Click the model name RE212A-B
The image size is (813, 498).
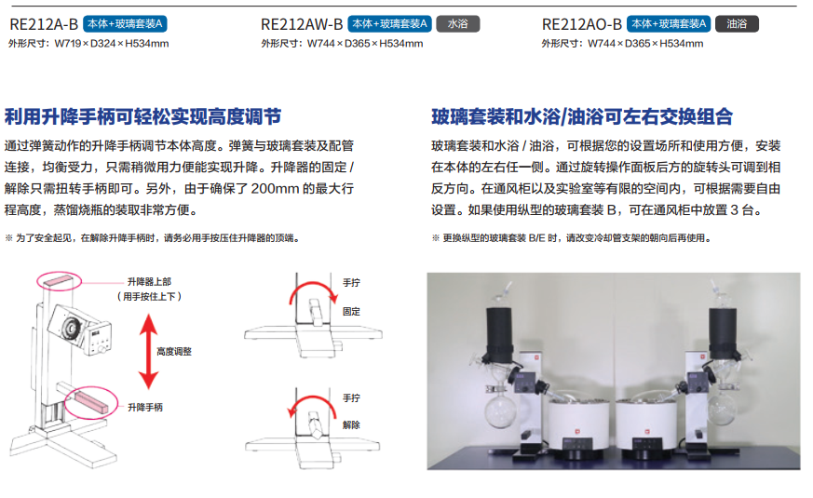click(44, 24)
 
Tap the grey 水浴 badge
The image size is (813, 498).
click(458, 24)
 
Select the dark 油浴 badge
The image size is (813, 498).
click(737, 24)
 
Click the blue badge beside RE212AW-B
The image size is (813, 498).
click(389, 24)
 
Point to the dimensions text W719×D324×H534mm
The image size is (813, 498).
click(112, 44)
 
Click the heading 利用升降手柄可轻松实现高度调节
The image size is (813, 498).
click(143, 116)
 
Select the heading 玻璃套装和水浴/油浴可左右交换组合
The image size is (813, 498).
click(582, 116)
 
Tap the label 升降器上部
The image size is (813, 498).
click(149, 281)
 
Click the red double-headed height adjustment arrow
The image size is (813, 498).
click(149, 352)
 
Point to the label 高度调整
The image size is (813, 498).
click(174, 352)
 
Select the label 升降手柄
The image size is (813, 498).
click(145, 408)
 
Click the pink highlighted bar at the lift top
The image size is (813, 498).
click(59, 281)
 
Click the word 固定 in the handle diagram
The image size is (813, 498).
click(351, 312)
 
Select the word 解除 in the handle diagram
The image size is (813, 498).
click(351, 425)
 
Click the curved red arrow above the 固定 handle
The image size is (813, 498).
click(312, 285)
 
